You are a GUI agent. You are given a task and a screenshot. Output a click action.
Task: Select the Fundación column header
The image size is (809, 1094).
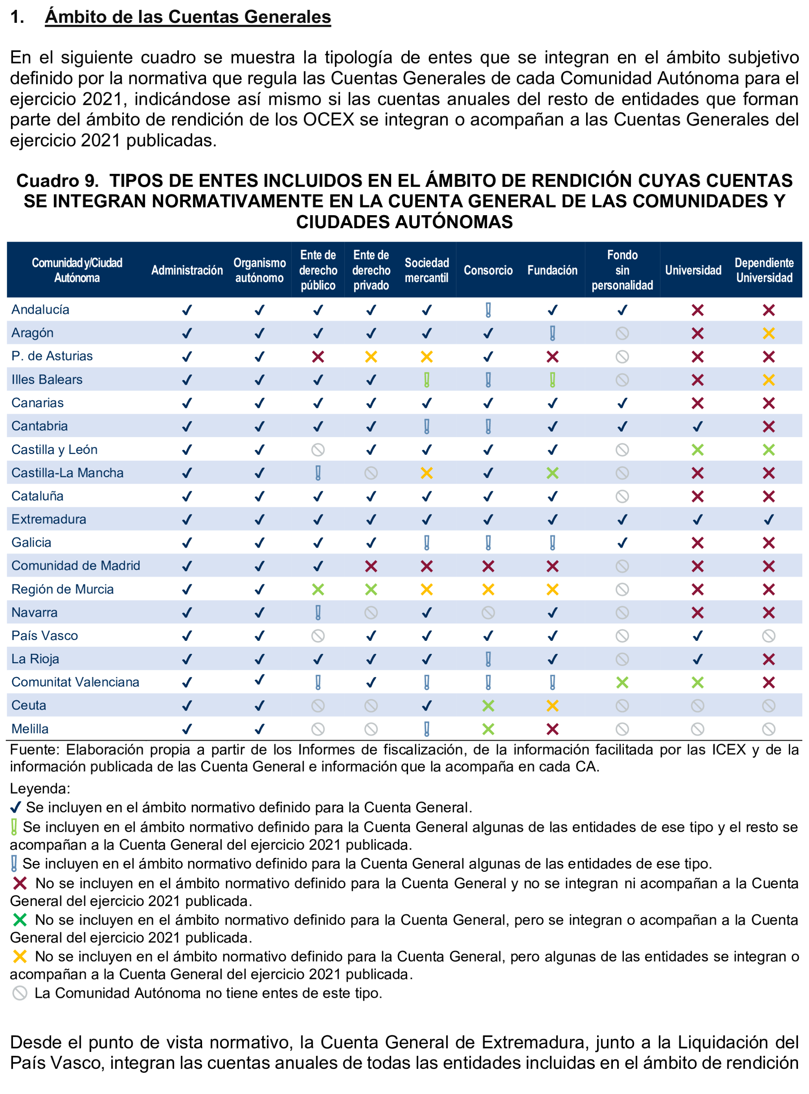552,270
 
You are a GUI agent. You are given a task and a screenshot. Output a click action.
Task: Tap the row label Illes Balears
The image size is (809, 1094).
47,379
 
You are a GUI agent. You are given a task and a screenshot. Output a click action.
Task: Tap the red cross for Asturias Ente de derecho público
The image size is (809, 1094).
318,356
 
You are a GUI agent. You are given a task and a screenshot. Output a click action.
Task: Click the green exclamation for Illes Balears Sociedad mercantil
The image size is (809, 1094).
427,380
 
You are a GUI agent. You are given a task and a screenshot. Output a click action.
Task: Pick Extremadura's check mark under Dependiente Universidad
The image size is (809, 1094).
768,519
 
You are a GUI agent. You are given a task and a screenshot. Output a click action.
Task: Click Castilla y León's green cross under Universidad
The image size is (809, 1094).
698,449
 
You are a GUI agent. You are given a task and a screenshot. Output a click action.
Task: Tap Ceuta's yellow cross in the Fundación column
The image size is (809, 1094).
552,705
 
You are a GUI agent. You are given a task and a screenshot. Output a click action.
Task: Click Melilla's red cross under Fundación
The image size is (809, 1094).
552,729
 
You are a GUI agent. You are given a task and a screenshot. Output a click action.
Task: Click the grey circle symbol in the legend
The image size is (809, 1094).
20,993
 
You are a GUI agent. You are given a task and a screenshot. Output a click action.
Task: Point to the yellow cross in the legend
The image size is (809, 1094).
20,956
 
